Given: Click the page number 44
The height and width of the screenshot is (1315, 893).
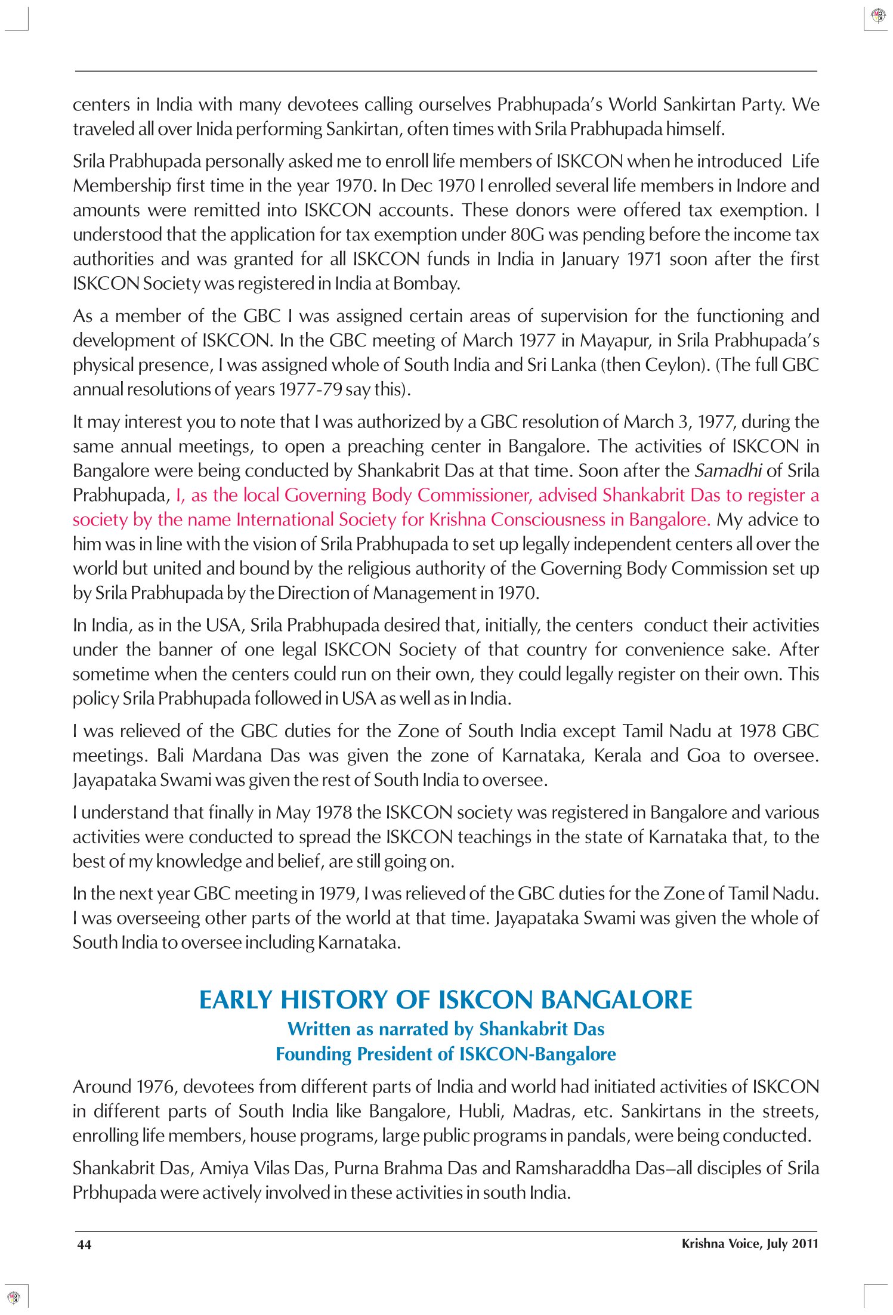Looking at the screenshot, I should click(84, 1244).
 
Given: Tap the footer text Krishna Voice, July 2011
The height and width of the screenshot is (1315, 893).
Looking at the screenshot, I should click(749, 1243).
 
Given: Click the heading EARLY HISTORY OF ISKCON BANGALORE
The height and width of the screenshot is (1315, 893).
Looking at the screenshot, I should click(446, 1000).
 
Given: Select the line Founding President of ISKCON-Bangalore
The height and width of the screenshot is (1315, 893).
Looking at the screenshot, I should click(446, 1054).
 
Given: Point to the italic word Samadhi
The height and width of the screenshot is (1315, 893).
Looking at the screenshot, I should click(728, 471).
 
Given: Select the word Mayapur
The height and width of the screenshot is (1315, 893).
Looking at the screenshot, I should click(614, 341).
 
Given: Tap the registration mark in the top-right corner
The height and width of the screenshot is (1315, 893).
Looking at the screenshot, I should click(878, 16).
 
